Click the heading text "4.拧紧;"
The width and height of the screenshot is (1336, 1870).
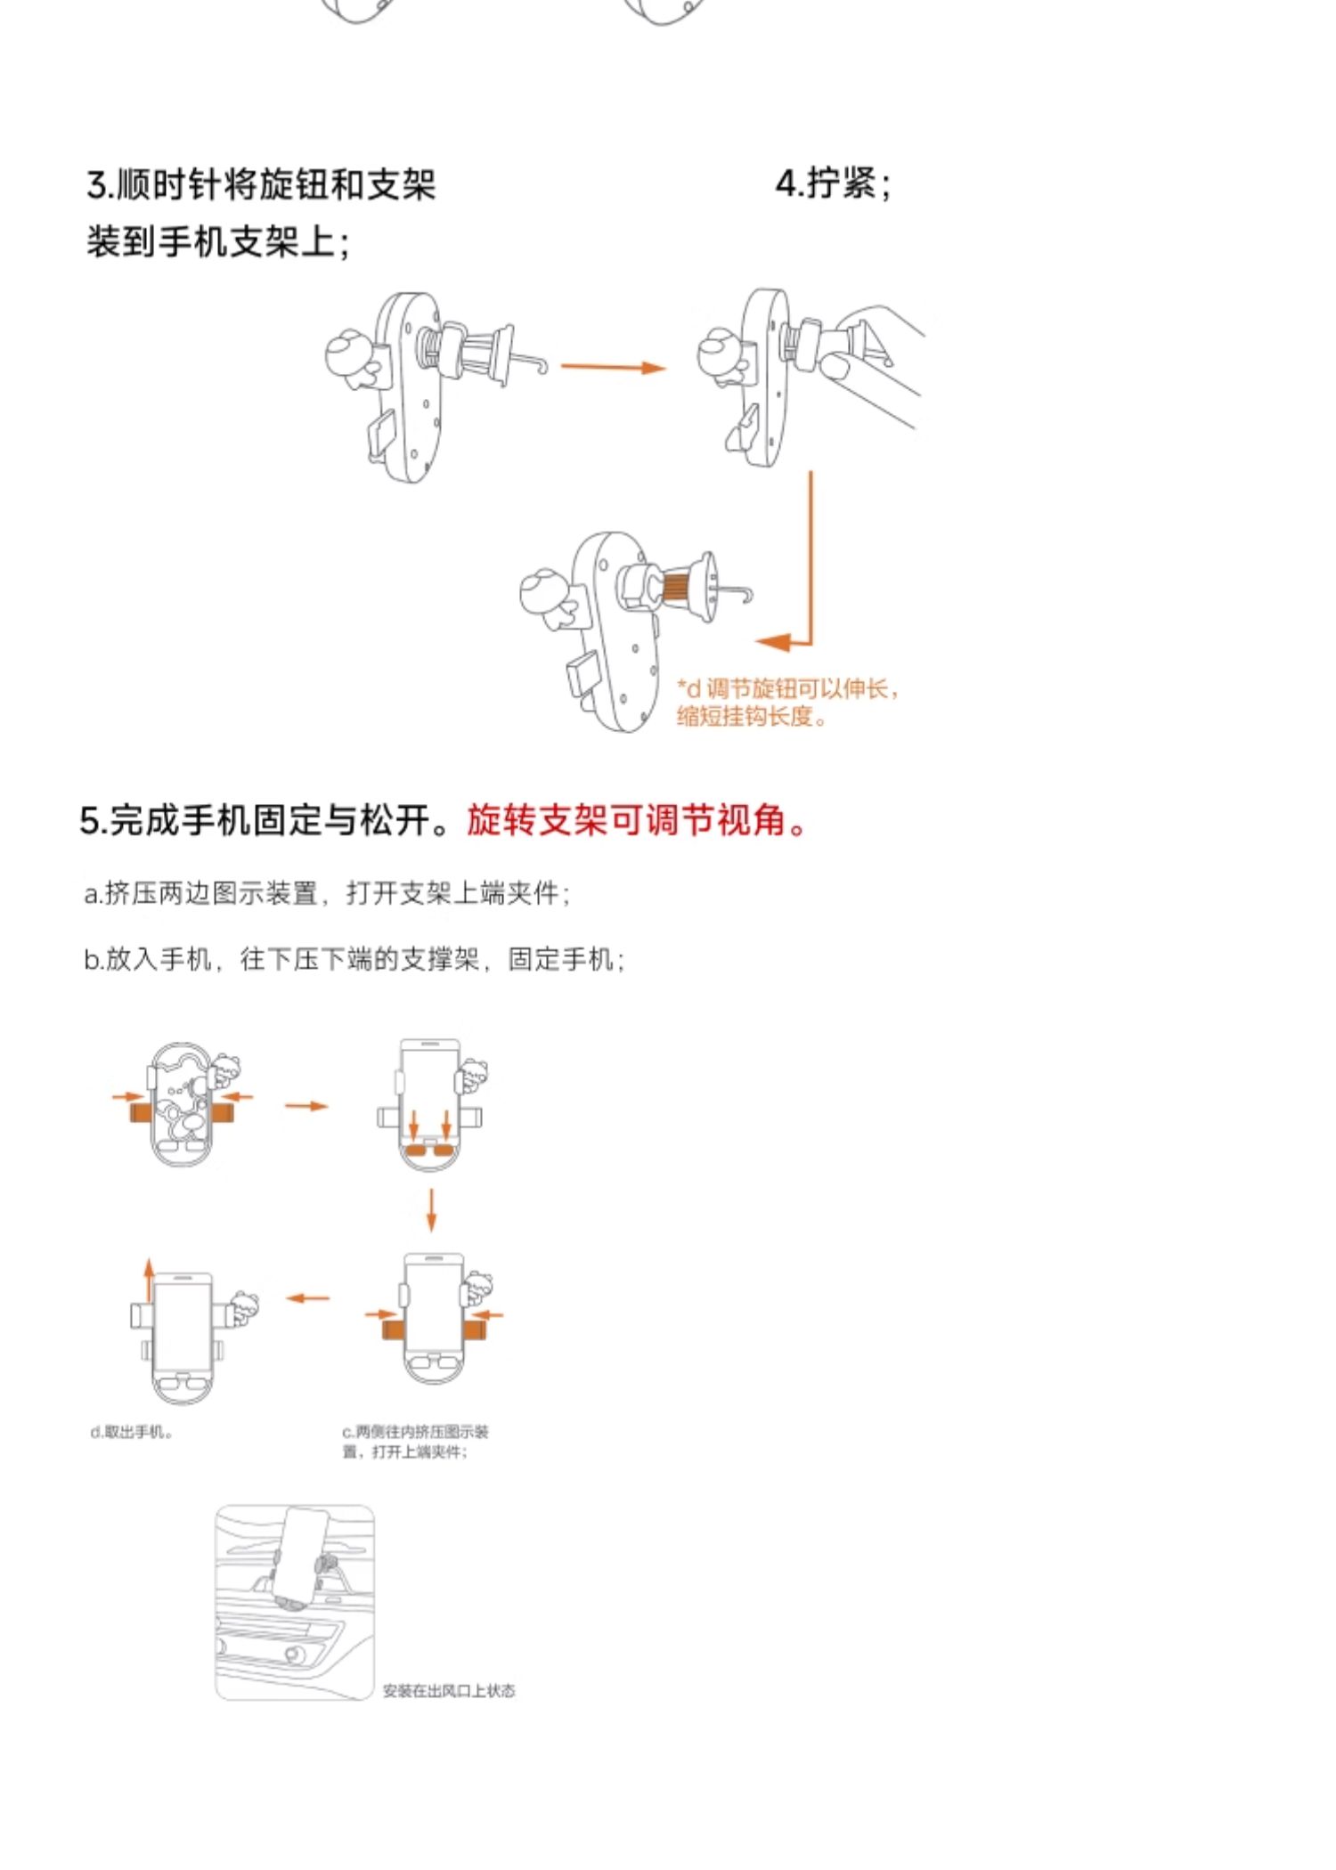click(x=832, y=183)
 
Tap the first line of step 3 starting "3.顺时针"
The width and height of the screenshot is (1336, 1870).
click(x=261, y=185)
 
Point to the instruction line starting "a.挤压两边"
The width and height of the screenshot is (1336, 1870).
click(x=327, y=892)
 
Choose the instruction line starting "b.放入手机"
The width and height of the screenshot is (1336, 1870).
click(x=354, y=959)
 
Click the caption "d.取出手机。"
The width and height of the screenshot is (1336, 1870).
click(x=131, y=1432)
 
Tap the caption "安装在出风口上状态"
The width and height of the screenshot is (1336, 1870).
click(x=449, y=1690)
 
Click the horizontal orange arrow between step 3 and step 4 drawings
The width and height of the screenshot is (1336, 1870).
click(x=613, y=366)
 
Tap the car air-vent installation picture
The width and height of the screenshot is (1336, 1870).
click(x=295, y=1602)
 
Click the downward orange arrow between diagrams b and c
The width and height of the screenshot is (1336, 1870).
click(x=432, y=1208)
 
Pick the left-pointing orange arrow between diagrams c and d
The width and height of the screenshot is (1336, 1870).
click(x=307, y=1297)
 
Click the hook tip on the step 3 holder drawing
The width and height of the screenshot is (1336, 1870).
click(x=539, y=366)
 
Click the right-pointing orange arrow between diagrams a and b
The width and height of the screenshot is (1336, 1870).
click(x=306, y=1106)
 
